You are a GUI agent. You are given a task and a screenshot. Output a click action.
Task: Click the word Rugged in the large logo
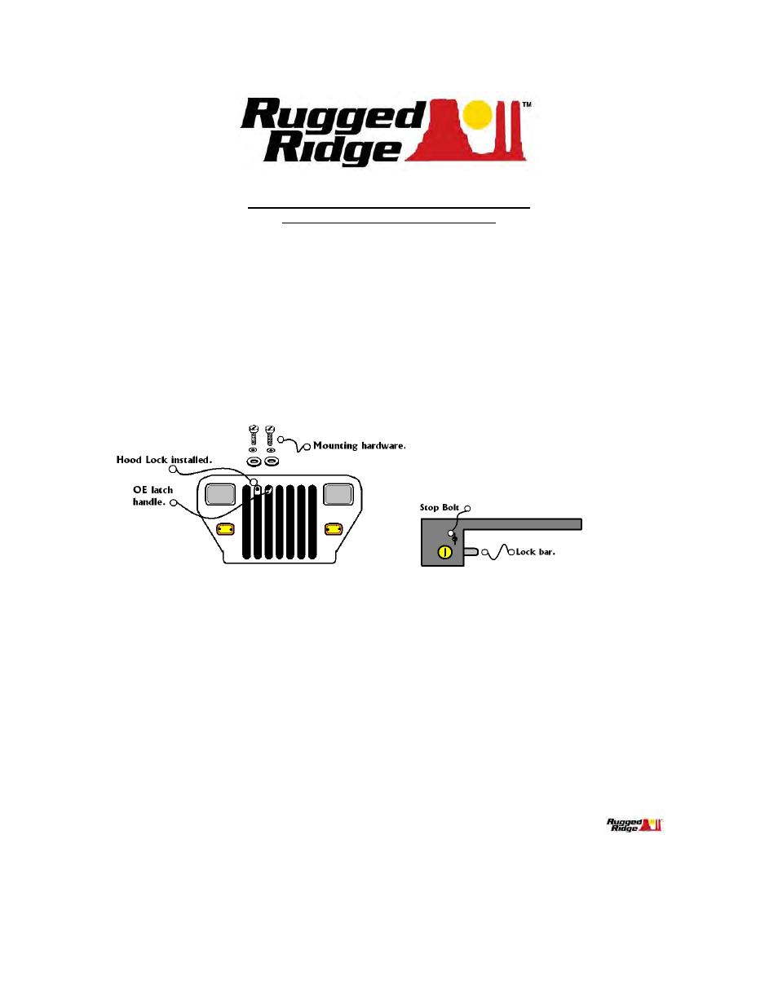click(x=333, y=115)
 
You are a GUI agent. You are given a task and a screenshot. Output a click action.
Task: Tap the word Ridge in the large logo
click(x=333, y=148)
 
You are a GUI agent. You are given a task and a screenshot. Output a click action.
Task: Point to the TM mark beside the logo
click(x=527, y=104)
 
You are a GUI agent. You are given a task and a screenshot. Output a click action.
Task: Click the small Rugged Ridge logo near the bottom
click(x=634, y=825)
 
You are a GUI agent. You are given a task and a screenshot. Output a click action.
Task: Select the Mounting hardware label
click(x=359, y=446)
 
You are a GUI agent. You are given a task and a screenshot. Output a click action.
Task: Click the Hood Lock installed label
click(x=164, y=460)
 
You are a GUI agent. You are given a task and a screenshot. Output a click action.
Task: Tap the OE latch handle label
click(x=153, y=496)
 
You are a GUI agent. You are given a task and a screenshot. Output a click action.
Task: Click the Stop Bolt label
click(x=440, y=507)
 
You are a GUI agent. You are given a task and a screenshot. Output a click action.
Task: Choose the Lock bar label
click(x=536, y=552)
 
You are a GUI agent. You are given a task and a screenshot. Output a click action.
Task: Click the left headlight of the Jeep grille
click(x=220, y=494)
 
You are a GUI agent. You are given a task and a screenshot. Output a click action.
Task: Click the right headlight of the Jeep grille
click(x=338, y=494)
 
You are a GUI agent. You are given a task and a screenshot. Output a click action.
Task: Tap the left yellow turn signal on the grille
click(x=226, y=529)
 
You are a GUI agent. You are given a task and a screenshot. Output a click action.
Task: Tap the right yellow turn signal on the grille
click(x=334, y=529)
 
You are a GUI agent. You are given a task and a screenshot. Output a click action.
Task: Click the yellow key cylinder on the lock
click(x=444, y=552)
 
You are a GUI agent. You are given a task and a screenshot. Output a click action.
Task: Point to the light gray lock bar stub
click(x=471, y=552)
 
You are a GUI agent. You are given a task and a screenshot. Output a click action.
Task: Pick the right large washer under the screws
click(x=271, y=461)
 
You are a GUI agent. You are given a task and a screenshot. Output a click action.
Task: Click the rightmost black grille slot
click(x=312, y=522)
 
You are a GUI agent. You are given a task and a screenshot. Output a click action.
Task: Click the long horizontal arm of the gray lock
click(x=522, y=524)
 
